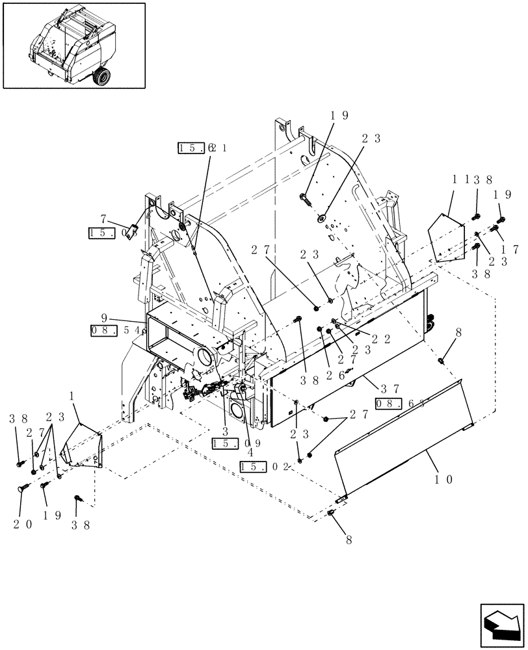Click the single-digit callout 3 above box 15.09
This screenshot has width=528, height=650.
[x=225, y=432]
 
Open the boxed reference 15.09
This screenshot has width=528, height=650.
[x=232, y=443]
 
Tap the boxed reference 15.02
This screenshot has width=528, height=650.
[x=260, y=466]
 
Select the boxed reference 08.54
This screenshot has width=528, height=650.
[x=114, y=331]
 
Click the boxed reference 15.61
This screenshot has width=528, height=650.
[x=202, y=148]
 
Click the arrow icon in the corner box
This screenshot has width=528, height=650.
[x=502, y=626]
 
